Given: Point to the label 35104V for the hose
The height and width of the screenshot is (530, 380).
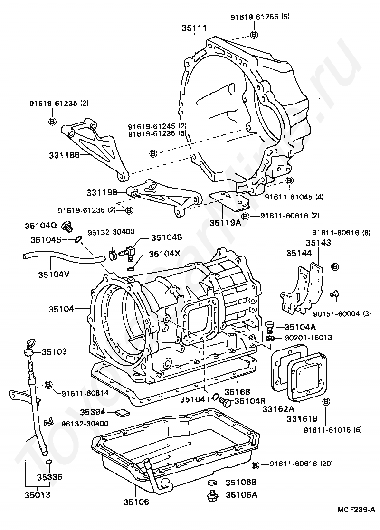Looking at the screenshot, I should click(x=53, y=274).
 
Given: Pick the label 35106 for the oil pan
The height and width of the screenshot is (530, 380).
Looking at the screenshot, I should click(x=136, y=501).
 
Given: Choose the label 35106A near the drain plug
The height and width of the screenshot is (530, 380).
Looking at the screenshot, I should click(x=241, y=495).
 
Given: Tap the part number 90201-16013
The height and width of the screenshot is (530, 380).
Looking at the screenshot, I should click(x=309, y=338).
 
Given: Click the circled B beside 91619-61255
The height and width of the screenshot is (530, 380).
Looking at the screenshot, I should click(x=254, y=34).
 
